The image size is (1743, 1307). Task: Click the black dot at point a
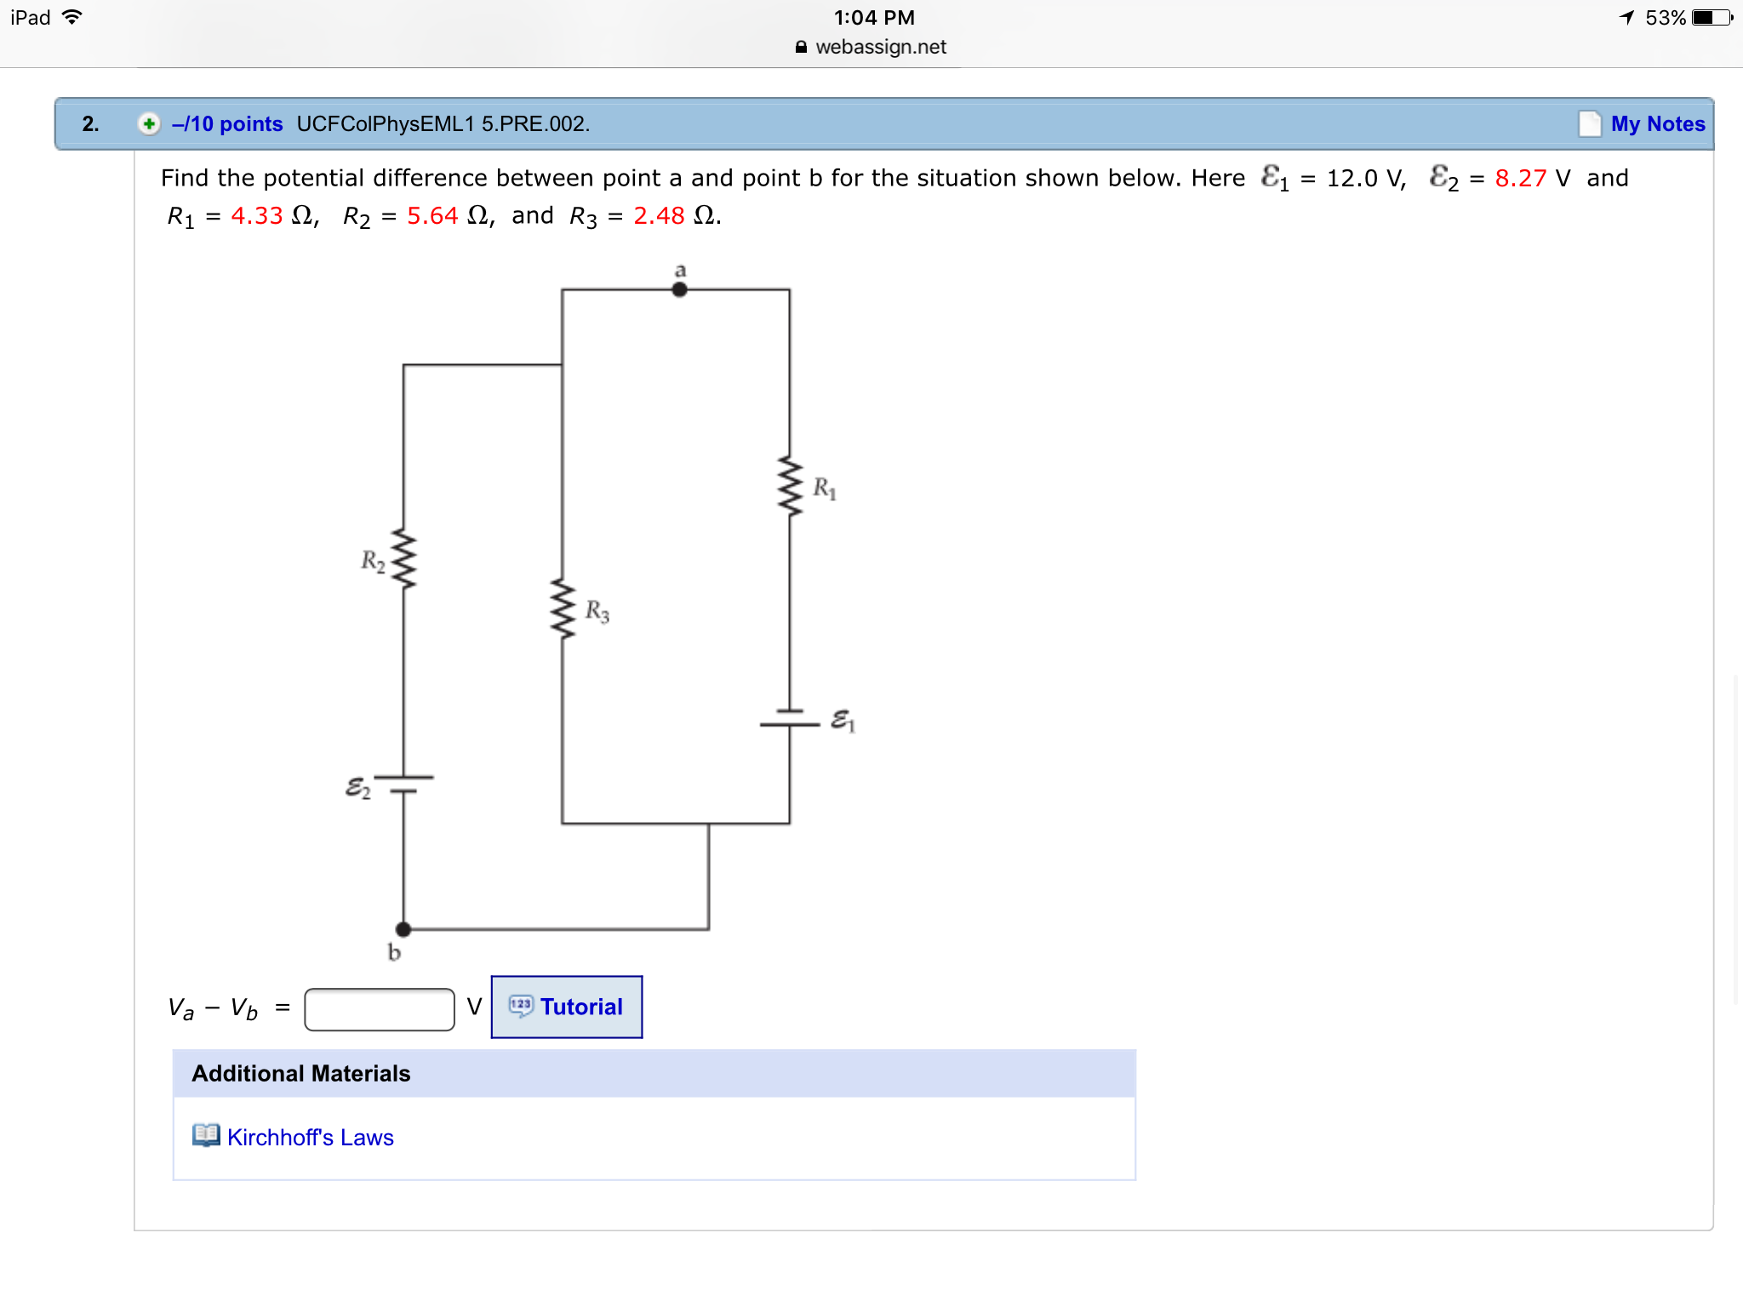pos(679,289)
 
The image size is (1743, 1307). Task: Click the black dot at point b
pos(403,929)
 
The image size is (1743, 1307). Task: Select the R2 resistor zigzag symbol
pos(403,559)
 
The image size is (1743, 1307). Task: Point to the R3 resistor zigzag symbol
pos(562,609)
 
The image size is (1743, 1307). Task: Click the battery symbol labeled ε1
pos(790,718)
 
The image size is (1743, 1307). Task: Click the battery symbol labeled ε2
pos(403,784)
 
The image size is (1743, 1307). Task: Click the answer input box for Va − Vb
pos(380,1009)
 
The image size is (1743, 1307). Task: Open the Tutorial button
pos(567,1007)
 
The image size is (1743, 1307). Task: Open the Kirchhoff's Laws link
pos(310,1138)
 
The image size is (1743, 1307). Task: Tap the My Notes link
pos(1657,124)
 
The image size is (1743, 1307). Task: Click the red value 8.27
pos(1520,178)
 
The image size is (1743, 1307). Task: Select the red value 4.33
pos(256,216)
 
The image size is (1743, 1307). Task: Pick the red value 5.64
pos(432,216)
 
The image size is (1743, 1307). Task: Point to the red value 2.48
pos(659,216)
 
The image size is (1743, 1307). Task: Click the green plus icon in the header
pos(149,124)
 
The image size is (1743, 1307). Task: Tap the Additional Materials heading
pos(301,1074)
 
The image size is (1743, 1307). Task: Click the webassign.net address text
pos(880,47)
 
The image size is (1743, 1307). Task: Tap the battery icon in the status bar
pos(1712,18)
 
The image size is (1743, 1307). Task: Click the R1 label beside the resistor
pos(825,488)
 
